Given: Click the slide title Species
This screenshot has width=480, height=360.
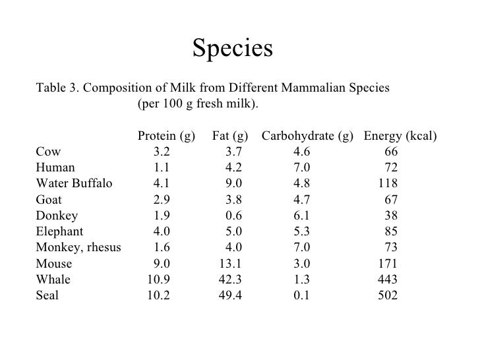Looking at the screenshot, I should coord(232,48).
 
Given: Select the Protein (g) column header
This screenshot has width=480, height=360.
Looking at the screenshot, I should coord(166,136).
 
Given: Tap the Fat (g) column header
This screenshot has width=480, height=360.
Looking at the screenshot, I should coord(230,136).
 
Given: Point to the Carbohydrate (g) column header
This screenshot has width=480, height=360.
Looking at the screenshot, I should coord(307,136).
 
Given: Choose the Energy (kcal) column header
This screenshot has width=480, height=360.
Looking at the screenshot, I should coord(400,136).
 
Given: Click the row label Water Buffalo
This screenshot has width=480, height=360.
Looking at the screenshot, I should coord(74,183).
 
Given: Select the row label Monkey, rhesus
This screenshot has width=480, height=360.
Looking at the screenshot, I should coord(78,247).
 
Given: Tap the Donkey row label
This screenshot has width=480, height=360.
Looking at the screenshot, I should coord(57,216).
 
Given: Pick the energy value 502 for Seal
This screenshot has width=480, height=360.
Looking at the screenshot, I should coord(387,295).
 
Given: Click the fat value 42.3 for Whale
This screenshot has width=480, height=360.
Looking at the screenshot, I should coord(230,280).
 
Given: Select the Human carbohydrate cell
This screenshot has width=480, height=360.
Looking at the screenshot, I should coord(302,167).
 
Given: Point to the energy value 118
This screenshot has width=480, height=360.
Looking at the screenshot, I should coord(388,183).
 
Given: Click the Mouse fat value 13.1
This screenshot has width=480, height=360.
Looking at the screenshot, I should coord(230,264).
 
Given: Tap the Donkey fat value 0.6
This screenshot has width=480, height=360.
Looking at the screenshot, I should coord(233,216).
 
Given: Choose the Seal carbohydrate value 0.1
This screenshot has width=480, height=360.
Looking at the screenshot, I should coord(302,295).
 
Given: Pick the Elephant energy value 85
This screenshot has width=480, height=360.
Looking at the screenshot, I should coord(391,231).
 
